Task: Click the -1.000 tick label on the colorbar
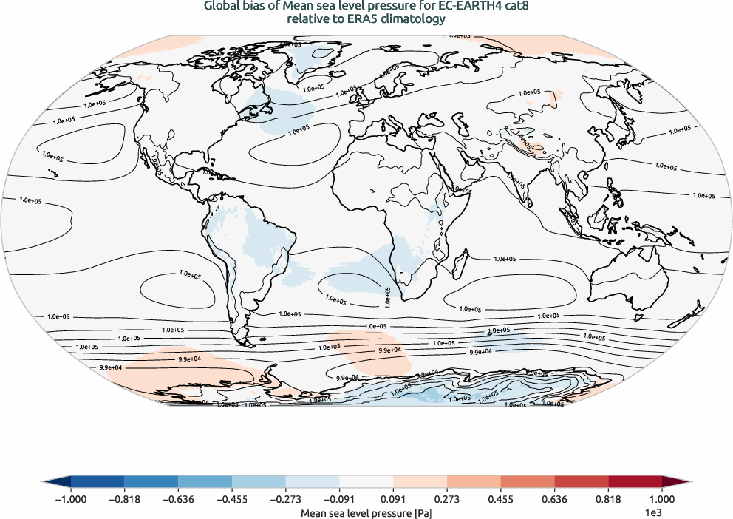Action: [71, 499]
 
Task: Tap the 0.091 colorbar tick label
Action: [393, 499]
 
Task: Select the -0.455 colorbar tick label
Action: [232, 499]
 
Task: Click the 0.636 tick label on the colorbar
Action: [554, 499]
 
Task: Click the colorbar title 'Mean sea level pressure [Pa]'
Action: [366, 512]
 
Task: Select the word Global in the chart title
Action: [222, 7]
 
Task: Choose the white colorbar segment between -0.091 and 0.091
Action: [366, 481]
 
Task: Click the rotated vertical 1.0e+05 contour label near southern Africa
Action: [388, 296]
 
